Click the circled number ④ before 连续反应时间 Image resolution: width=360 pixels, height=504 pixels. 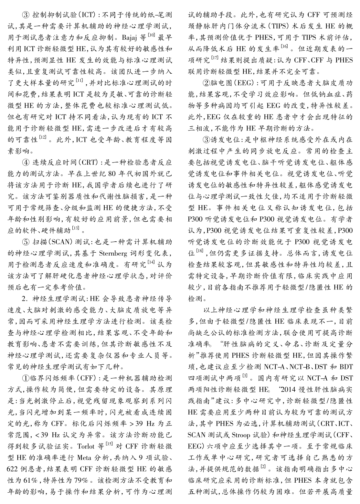click(x=26, y=162)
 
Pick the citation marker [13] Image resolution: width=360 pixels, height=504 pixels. click(x=76, y=228)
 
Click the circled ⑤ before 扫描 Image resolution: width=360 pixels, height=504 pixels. click(x=26, y=242)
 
